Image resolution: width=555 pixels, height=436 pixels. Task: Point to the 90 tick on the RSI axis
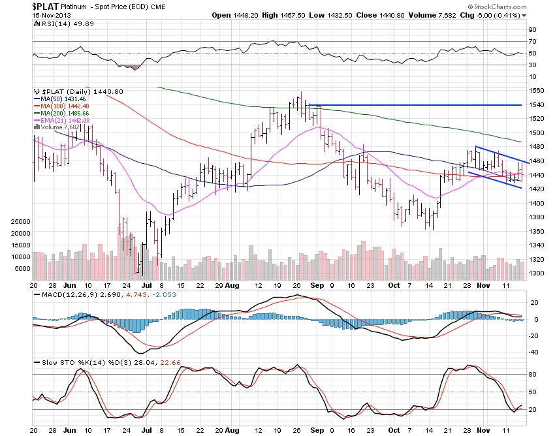coord(531,29)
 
